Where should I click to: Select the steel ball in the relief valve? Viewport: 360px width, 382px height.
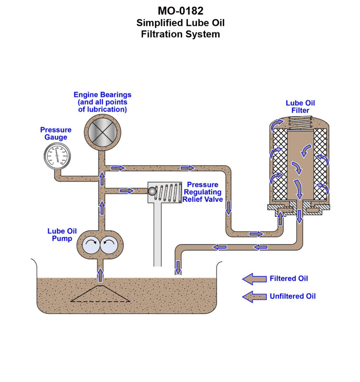pos(152,191)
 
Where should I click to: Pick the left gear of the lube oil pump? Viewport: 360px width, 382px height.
pos(91,245)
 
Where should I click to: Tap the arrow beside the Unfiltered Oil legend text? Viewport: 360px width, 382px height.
pos(254,297)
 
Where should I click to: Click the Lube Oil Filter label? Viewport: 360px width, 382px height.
pos(300,106)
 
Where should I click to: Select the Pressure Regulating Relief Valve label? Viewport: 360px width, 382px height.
pos(204,192)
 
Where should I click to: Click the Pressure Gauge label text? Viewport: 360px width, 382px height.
pos(56,133)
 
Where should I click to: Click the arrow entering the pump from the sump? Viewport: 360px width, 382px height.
pos(101,275)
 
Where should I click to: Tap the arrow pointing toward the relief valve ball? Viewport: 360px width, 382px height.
pos(127,191)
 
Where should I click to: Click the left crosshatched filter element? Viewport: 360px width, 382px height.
pos(280,165)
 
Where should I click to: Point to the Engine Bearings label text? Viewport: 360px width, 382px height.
pos(102,102)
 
